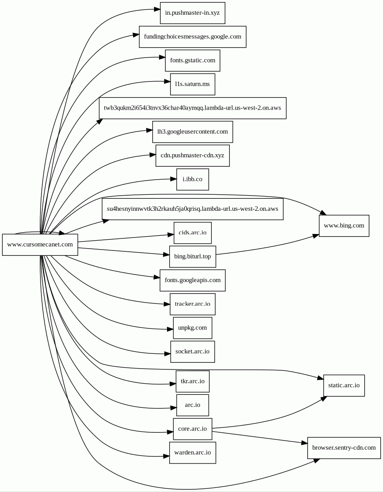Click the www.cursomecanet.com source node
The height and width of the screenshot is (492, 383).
point(40,245)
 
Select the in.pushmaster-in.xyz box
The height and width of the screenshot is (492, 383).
point(192,13)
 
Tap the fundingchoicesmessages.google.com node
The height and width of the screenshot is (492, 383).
point(192,37)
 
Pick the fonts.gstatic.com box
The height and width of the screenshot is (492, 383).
point(192,60)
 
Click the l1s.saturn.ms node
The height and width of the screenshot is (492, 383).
point(192,84)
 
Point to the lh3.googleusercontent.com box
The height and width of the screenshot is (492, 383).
point(192,131)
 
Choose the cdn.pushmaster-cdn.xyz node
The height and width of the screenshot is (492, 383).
point(192,156)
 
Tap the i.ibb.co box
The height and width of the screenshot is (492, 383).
point(192,179)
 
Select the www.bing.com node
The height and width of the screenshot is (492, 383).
point(344,225)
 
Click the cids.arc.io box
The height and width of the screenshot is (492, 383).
point(192,233)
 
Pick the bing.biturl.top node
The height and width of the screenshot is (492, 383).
point(192,256)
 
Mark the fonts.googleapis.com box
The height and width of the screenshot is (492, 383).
point(192,280)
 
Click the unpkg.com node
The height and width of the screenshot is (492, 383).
point(192,328)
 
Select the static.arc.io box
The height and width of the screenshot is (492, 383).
point(344,385)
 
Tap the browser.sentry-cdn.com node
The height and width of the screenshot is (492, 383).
point(344,448)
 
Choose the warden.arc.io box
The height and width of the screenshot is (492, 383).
point(192,453)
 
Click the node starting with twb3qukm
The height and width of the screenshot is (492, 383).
point(192,108)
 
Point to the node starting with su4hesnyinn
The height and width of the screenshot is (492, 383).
point(192,209)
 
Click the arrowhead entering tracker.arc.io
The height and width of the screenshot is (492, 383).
point(167,304)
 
